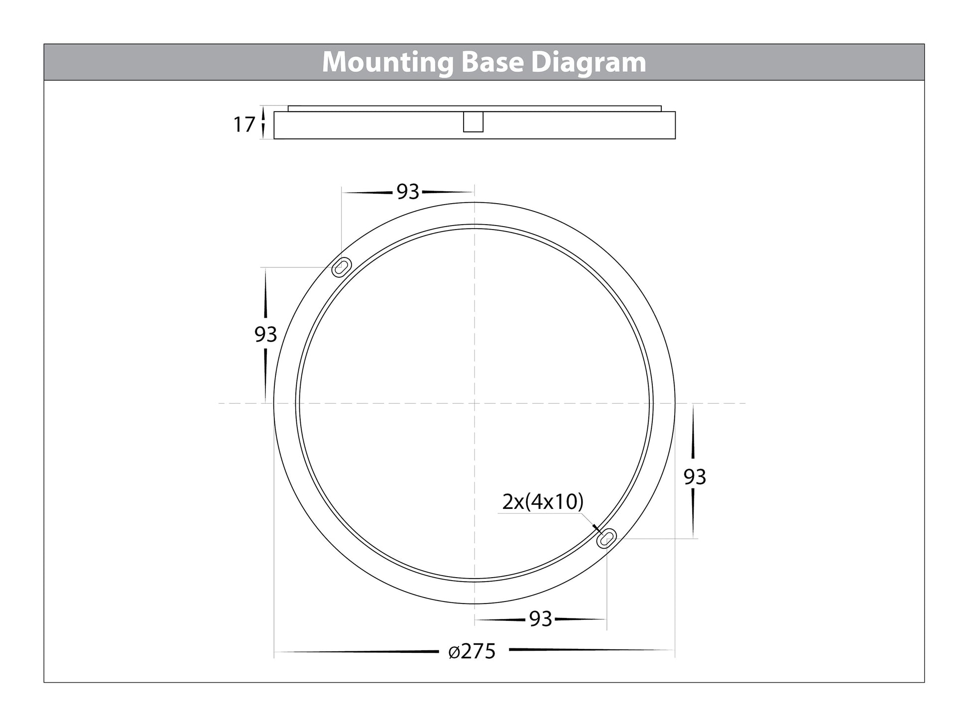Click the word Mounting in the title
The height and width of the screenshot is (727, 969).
click(387, 63)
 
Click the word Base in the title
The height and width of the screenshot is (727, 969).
click(491, 62)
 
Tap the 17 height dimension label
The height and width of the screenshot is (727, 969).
click(244, 124)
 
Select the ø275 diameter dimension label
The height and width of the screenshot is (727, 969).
click(472, 651)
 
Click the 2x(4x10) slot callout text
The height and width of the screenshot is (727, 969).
click(543, 502)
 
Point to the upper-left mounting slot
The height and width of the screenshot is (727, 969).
click(342, 267)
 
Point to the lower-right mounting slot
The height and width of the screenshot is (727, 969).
click(606, 538)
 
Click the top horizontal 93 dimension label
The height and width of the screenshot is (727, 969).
click(408, 192)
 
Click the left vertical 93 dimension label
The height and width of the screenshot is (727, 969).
click(265, 335)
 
